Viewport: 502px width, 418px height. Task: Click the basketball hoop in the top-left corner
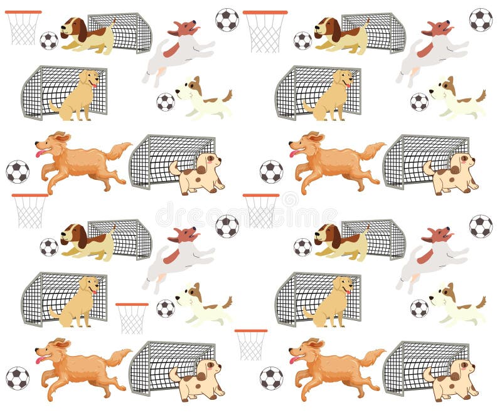coord(23,26)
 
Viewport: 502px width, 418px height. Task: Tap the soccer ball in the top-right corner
coord(481,19)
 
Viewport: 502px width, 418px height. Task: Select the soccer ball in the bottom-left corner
coord(18,378)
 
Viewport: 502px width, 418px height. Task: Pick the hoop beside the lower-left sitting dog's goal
coord(132,317)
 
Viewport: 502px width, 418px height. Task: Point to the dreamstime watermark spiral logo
coord(289,199)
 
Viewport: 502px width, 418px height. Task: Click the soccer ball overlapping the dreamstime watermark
coord(227,226)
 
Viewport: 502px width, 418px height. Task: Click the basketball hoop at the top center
coord(265,29)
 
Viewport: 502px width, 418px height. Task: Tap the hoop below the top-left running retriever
coord(29,210)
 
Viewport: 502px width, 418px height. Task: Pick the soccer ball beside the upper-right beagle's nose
coord(302,40)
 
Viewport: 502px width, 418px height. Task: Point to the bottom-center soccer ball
coord(271,378)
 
